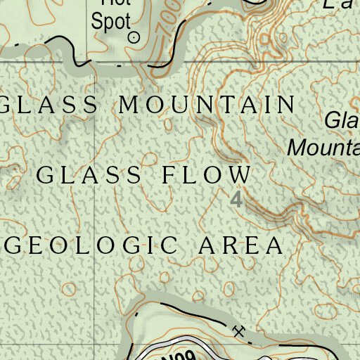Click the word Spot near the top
click(111, 21)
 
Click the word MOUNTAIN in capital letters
click(207, 105)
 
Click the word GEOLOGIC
click(91, 245)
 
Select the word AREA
click(240, 245)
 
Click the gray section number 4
click(236, 199)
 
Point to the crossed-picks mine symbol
click(239, 330)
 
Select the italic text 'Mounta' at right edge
click(324, 148)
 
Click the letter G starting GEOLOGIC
click(15, 245)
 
